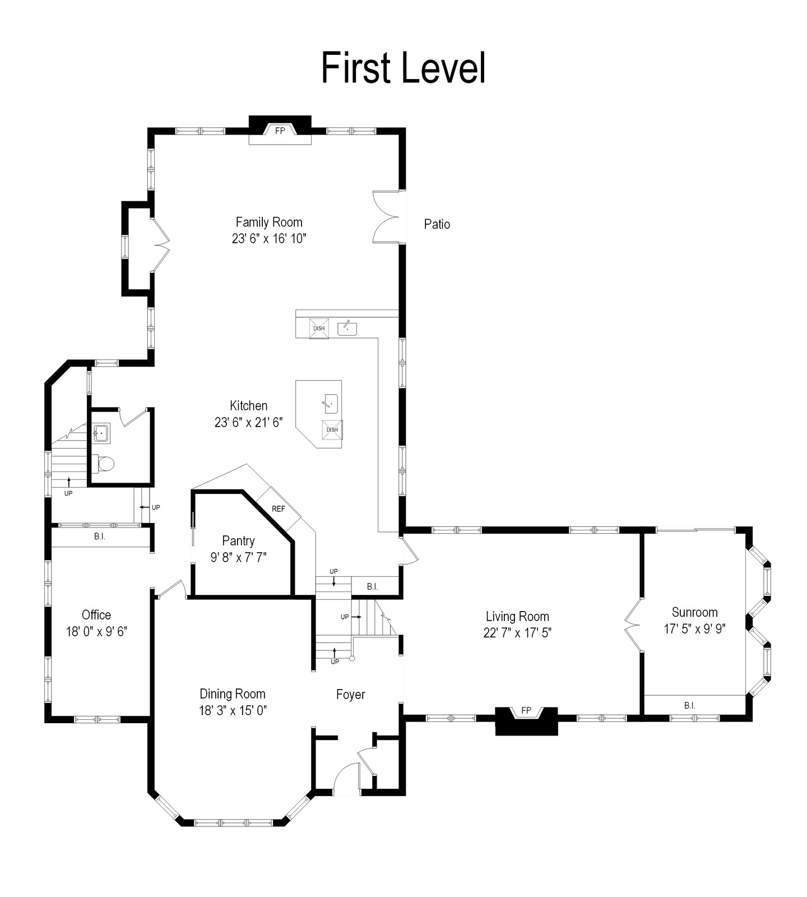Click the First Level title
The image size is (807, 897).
(403, 68)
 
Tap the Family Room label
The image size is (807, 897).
(269, 222)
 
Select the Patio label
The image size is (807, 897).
(437, 224)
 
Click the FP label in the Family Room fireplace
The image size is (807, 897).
(280, 131)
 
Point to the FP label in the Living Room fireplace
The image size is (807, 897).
(526, 710)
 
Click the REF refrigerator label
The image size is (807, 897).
(279, 509)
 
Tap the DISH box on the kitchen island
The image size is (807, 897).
(332, 430)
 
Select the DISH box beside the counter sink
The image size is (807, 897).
(319, 328)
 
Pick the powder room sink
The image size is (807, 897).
(101, 433)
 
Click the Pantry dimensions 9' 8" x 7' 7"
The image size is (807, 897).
(238, 557)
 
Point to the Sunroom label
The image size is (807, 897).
(695, 612)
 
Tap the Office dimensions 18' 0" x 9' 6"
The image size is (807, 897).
(97, 631)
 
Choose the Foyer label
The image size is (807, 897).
(351, 695)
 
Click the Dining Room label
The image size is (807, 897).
(233, 694)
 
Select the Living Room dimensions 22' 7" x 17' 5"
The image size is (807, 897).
(518, 633)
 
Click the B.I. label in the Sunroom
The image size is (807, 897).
(690, 706)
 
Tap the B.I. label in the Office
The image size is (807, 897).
(100, 537)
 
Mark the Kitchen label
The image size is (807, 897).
(249, 406)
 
